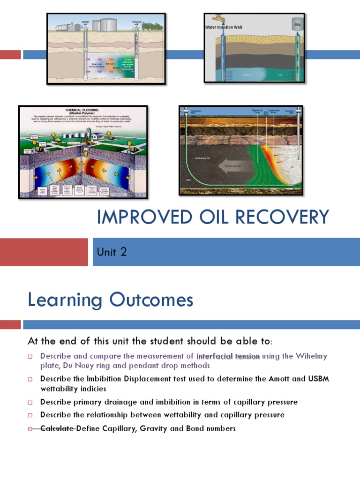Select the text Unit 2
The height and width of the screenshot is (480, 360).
pyautogui.click(x=112, y=252)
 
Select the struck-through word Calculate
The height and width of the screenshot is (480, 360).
pyautogui.click(x=58, y=428)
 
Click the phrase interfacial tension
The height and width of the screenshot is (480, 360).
pyautogui.click(x=228, y=356)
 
